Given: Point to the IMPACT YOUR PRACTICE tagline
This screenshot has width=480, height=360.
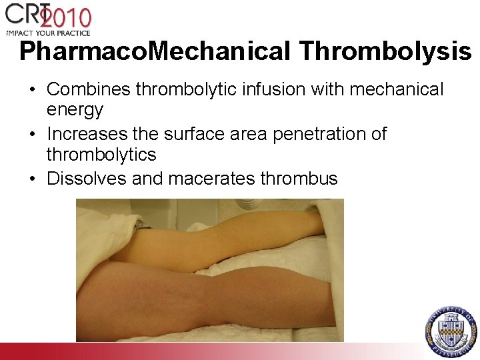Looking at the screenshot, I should (47, 32).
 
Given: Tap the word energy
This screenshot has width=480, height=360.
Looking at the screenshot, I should (75, 109).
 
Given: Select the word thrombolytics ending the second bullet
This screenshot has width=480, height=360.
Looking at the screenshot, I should (101, 155).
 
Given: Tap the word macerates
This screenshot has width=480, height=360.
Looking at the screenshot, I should (212, 179).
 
